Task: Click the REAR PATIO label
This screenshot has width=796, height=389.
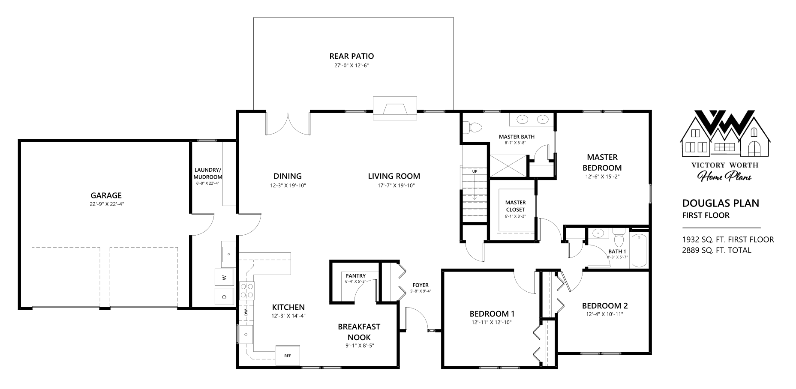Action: [351, 56]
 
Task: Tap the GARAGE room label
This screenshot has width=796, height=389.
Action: [106, 195]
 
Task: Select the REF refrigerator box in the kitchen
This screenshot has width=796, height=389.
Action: [287, 356]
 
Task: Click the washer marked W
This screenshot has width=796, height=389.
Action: [224, 278]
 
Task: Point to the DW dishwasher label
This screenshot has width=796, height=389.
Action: [246, 313]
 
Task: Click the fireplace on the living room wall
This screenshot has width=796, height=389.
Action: [395, 108]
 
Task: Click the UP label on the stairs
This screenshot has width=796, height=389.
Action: [475, 171]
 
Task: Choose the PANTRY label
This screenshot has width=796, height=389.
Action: [355, 275]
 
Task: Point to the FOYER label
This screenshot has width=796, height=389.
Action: [421, 285]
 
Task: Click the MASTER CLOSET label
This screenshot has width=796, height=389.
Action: [515, 206]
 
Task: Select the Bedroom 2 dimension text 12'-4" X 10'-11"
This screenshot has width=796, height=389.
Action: [604, 314]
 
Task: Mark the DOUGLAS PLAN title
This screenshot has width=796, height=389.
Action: [721, 203]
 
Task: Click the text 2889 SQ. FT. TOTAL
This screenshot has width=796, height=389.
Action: [717, 250]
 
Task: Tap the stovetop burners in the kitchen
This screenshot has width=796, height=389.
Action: [247, 290]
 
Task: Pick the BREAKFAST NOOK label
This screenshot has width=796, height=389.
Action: [359, 332]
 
